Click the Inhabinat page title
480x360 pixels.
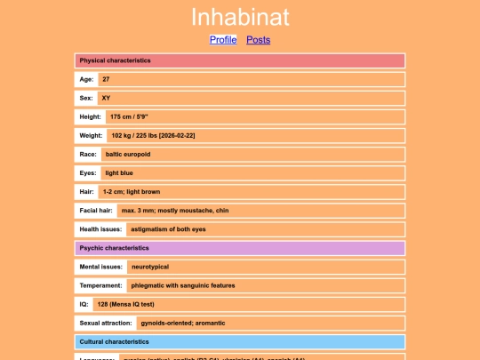pos(240,17)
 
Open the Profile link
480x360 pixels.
pos(223,39)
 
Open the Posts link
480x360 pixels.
pos(258,39)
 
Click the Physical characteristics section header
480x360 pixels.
pos(240,60)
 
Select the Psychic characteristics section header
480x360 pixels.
pos(240,248)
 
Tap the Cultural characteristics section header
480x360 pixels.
pos(240,341)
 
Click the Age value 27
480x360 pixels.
pos(106,79)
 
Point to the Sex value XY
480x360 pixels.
pos(106,98)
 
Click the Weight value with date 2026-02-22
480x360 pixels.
pos(153,135)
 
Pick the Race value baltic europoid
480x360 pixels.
pos(128,154)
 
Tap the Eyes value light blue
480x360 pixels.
pos(119,172)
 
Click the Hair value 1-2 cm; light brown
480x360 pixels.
pos(132,191)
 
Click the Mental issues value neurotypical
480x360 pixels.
pos(149,267)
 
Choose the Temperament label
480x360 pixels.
pos(100,285)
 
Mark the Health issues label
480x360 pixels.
pos(100,229)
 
